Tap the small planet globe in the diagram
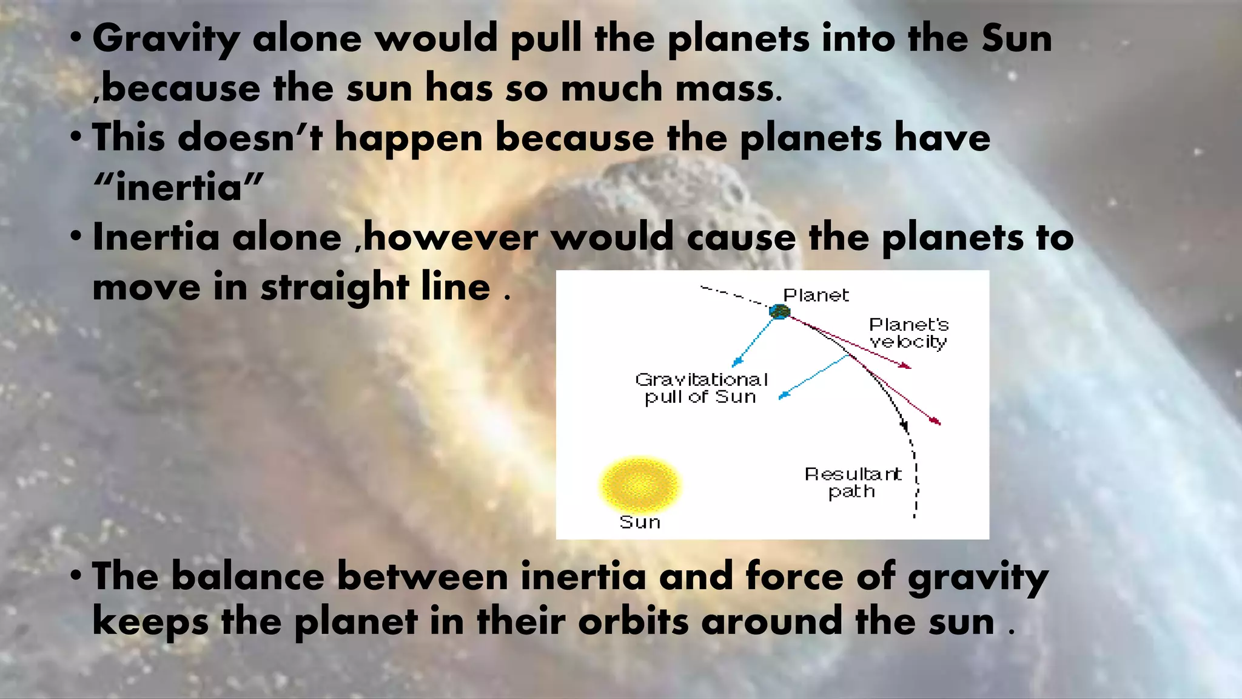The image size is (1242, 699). coord(779,312)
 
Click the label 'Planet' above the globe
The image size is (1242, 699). coord(816,295)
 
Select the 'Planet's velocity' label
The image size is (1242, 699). coord(908,333)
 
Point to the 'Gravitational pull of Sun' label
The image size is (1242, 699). coord(702,388)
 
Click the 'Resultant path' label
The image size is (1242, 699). coord(853,482)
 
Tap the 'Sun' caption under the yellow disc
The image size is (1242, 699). coord(640,522)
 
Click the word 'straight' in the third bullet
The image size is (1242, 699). coord(334,287)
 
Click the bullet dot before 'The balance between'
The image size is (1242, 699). coord(75,575)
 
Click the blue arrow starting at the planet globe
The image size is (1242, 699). coord(754,341)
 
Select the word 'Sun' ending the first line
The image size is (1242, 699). coord(1016,39)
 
